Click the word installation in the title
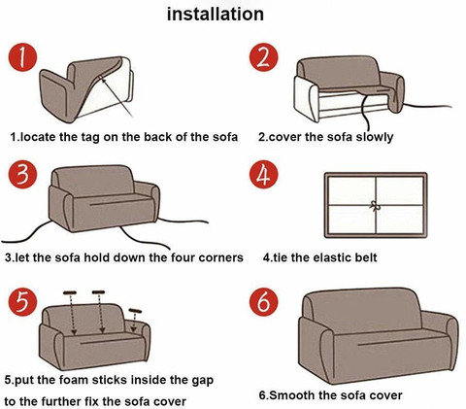[x=216, y=15]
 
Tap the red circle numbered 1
[x=22, y=57]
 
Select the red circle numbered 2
[x=263, y=57]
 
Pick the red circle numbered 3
[x=22, y=174]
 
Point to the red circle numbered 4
[x=263, y=174]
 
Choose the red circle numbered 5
[x=22, y=302]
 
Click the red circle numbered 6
[x=263, y=302]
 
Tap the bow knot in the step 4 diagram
[x=375, y=205]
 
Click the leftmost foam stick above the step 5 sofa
[x=70, y=292]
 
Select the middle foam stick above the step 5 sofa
[x=98, y=292]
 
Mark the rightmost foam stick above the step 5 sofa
[x=135, y=311]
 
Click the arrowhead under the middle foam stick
[x=102, y=330]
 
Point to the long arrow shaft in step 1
[x=116, y=97]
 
